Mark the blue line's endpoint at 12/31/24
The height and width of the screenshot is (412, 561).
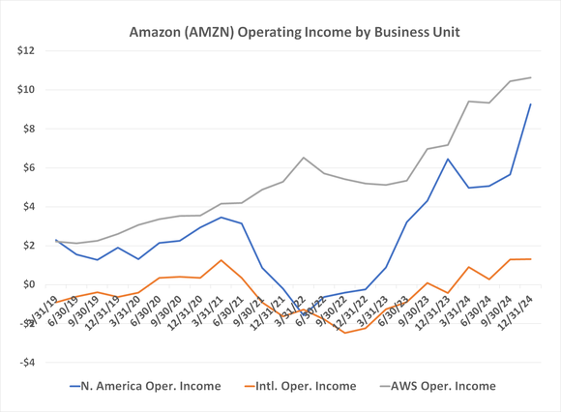pos(530,103)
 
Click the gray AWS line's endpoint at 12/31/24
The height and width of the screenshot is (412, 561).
pos(530,77)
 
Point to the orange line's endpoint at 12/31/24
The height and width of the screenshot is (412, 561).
pos(530,258)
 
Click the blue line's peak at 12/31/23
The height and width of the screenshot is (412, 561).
pos(448,159)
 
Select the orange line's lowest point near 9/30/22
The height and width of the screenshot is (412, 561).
pos(344,333)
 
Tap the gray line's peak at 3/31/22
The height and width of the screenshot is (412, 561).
pos(304,158)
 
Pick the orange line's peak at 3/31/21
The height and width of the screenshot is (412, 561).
pos(221,260)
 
